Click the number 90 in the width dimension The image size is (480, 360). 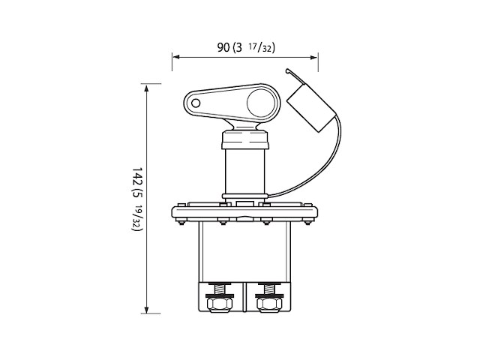point(222,47)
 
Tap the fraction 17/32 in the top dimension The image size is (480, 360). point(263,48)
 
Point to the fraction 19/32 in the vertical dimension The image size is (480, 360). point(137,218)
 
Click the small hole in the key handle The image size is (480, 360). point(195,102)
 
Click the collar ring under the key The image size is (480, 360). point(244,139)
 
